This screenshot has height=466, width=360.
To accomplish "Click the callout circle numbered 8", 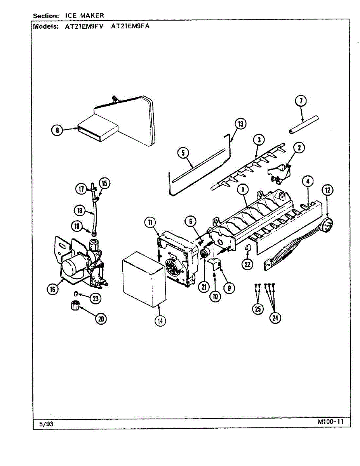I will click(x=57, y=130).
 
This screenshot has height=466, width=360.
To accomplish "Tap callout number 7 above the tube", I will click(x=301, y=101).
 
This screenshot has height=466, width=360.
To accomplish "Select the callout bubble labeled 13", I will click(x=241, y=124).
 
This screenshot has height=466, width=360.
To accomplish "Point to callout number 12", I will click(x=328, y=190).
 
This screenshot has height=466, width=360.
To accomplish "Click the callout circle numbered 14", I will click(x=160, y=321).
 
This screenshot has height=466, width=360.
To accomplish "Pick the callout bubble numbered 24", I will click(x=275, y=318).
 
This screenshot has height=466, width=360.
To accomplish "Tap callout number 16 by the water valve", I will click(x=53, y=289).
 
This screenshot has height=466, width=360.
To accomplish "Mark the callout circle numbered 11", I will click(x=150, y=222).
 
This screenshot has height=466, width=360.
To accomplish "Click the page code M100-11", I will click(x=330, y=422).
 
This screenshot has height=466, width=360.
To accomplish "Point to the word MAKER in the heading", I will click(x=93, y=16).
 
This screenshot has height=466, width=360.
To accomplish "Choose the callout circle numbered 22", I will click(x=247, y=264).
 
